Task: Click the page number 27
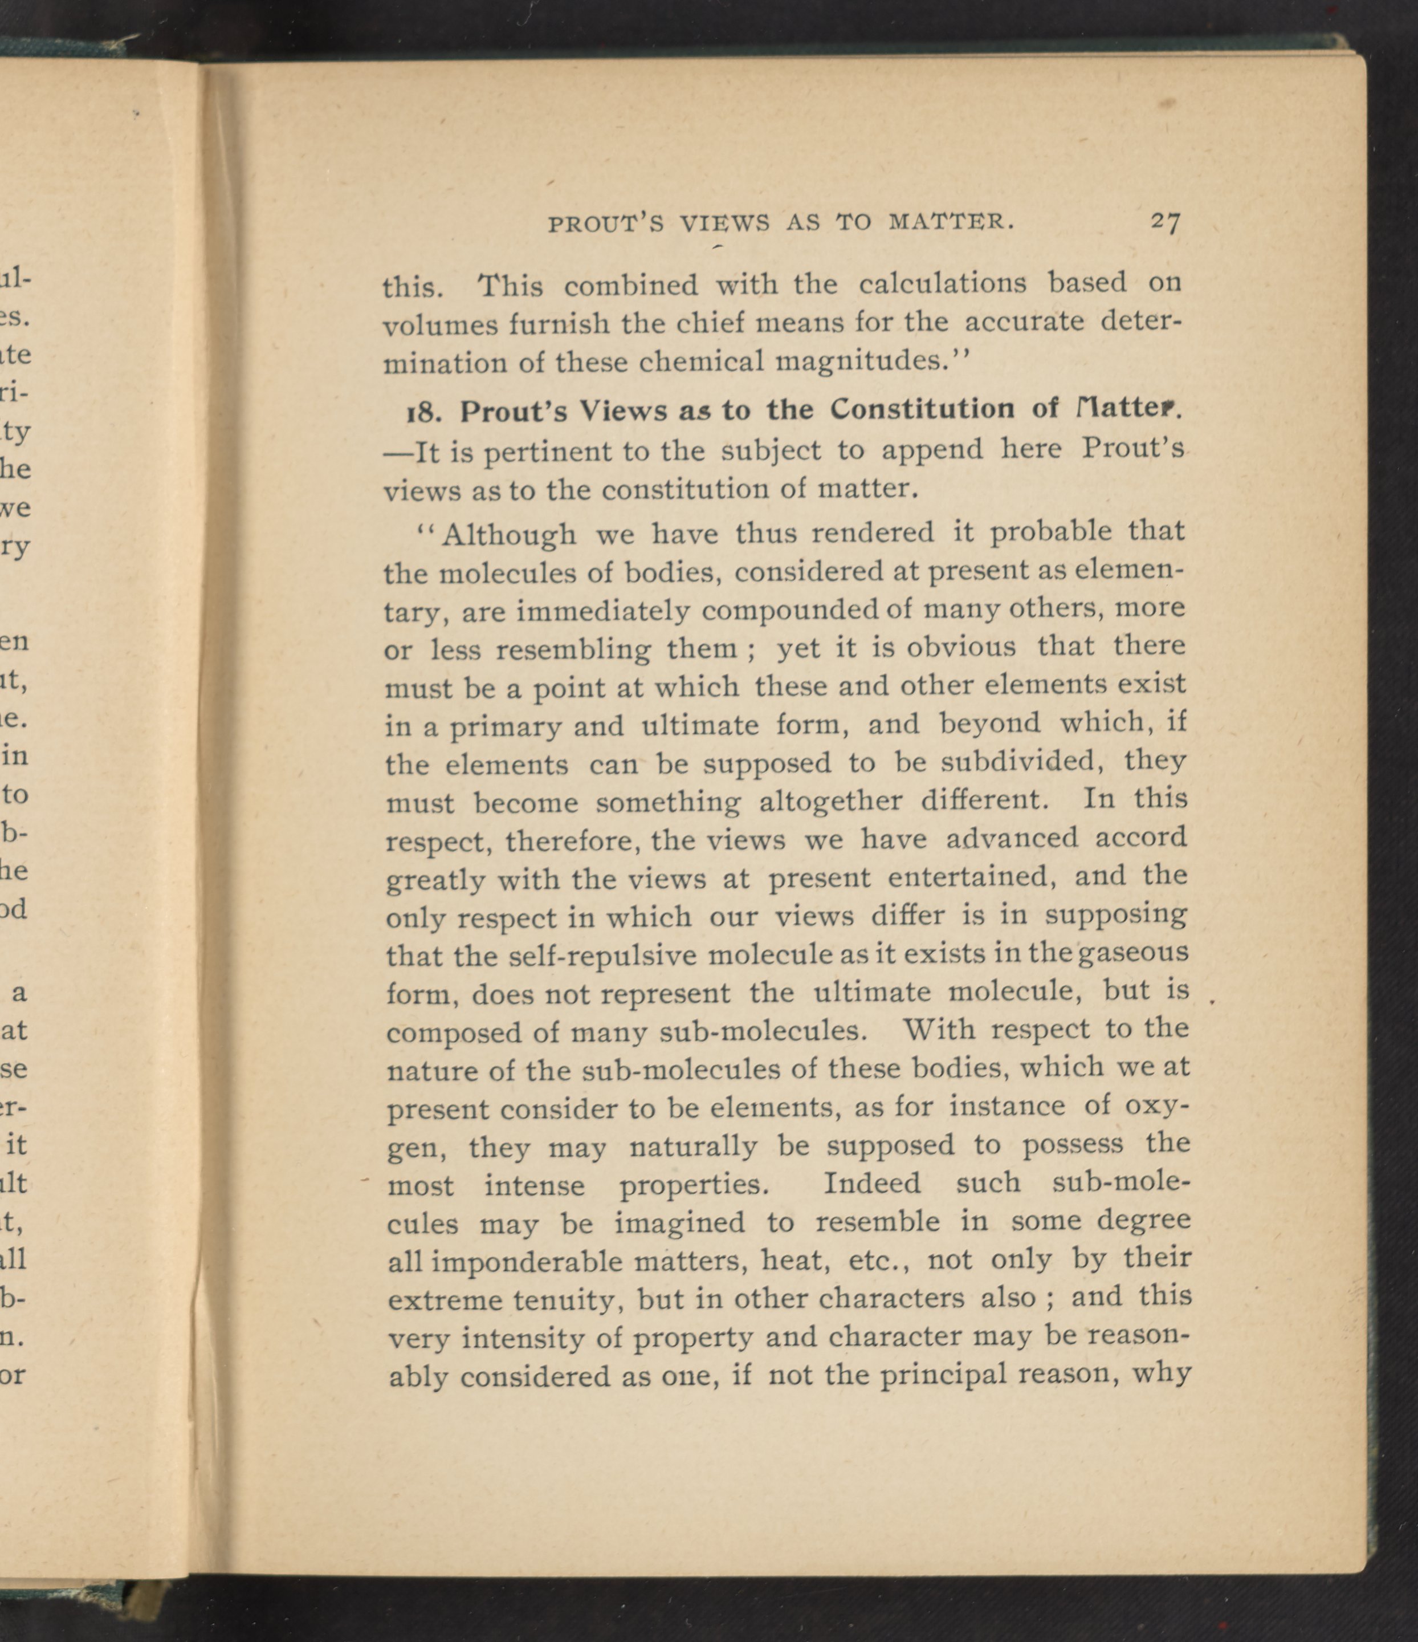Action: coord(1166,222)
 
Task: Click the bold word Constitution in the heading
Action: coord(923,409)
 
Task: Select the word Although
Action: coord(508,535)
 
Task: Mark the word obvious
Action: coord(960,647)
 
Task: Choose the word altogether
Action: coord(830,801)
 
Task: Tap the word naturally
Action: coord(693,1147)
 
